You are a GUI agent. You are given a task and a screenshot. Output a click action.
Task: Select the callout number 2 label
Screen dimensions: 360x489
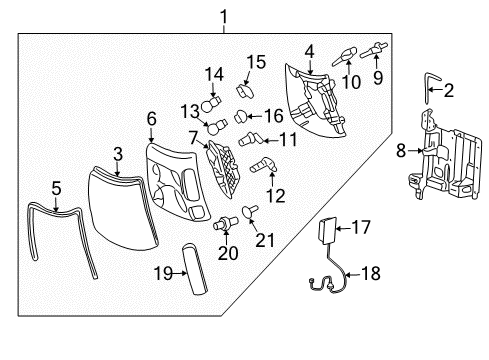pos(447,91)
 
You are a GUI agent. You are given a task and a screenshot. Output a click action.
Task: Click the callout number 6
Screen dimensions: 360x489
pos(152,118)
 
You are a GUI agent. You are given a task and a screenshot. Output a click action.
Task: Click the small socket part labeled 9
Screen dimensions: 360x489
pos(377,49)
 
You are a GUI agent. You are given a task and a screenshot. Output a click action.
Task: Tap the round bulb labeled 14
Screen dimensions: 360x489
pos(210,104)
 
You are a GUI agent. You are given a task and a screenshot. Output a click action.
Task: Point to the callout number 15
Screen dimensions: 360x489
pos(256,61)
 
